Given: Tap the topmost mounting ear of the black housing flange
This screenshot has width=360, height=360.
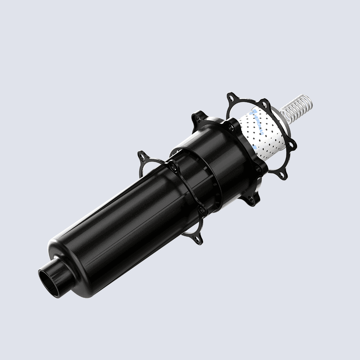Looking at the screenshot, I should pos(197,117).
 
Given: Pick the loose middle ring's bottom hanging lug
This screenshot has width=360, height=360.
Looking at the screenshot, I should pos(197,239).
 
